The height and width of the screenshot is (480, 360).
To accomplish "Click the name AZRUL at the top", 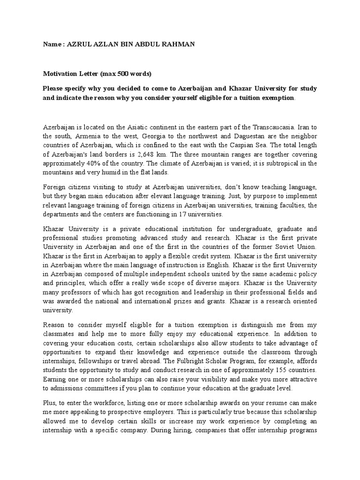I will coord(79,44).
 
